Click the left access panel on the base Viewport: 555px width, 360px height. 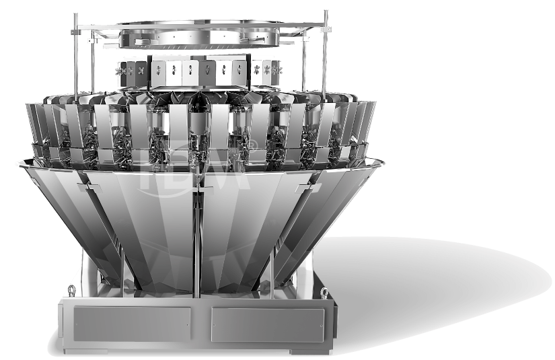pos(132,324)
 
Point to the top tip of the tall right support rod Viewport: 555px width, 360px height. pos(326,12)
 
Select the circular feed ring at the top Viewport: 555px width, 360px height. pos(199,33)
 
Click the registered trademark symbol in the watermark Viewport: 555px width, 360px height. pos(253,143)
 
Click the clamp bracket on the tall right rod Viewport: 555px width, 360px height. pos(326,29)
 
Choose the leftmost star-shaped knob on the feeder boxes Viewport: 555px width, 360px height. pos(122,71)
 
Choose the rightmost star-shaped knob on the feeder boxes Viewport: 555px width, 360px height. pos(276,71)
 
